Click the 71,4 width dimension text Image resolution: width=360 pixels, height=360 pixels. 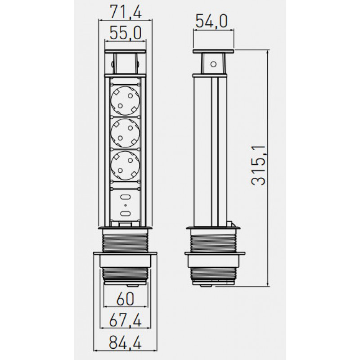(x=126, y=12)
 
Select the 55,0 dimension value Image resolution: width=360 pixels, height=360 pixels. (x=126, y=33)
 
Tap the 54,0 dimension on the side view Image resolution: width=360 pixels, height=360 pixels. (x=211, y=21)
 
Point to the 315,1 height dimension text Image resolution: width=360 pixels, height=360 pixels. (x=258, y=165)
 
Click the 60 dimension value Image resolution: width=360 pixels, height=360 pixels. (x=125, y=299)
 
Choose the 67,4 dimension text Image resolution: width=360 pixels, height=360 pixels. (x=126, y=320)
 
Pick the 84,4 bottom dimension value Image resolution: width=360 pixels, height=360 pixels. (x=126, y=342)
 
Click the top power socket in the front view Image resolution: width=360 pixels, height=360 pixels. (x=125, y=100)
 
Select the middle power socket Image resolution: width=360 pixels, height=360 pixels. (x=125, y=133)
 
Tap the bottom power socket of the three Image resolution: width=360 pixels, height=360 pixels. (x=125, y=165)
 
